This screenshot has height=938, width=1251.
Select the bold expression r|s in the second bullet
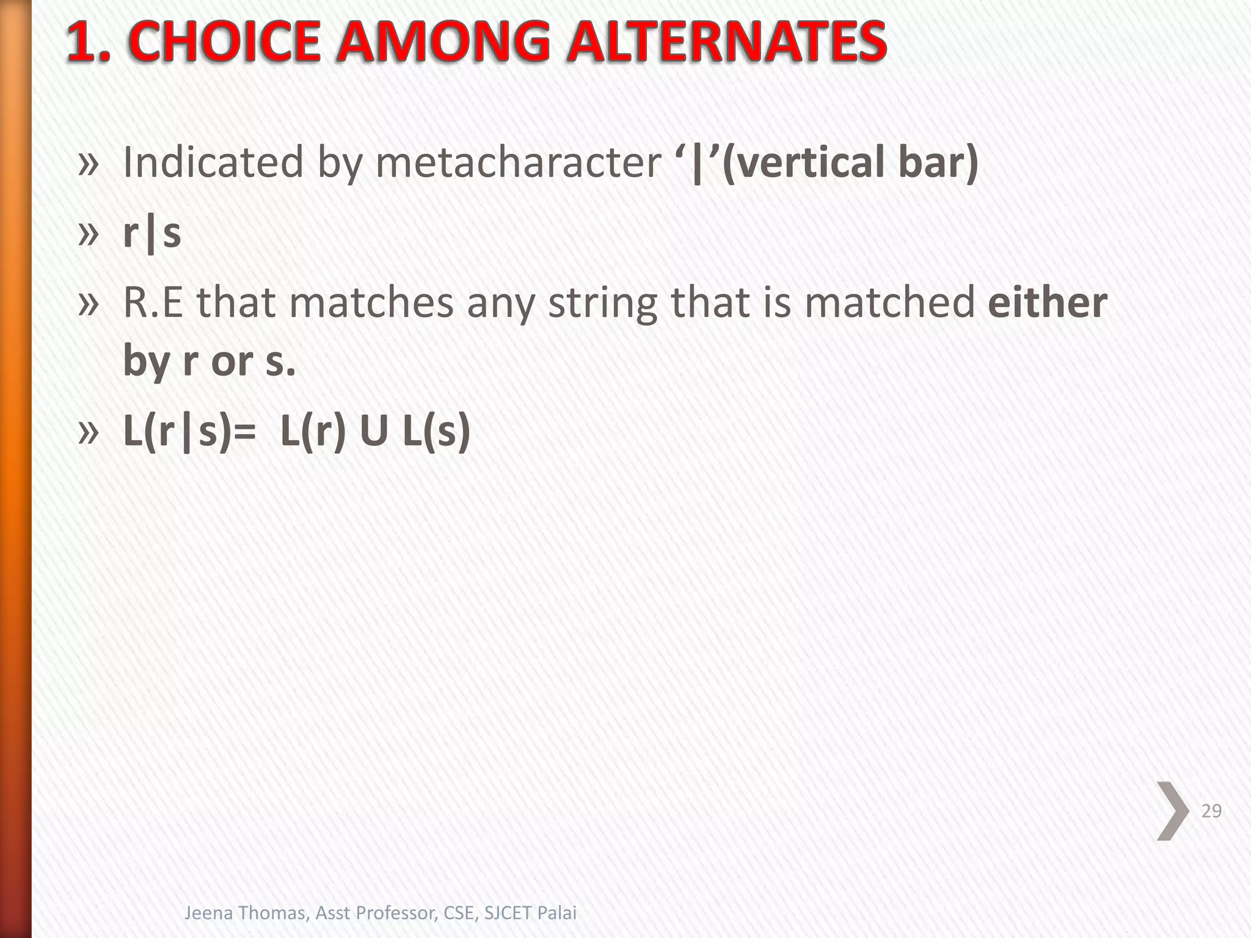(x=152, y=233)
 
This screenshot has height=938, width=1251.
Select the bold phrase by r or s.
(x=209, y=361)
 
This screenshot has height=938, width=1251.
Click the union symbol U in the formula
(x=374, y=431)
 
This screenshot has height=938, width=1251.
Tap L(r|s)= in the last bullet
(x=190, y=431)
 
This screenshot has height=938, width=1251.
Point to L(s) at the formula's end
(x=437, y=431)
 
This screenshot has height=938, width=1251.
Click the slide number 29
(x=1211, y=811)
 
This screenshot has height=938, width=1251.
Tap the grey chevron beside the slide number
(x=1173, y=811)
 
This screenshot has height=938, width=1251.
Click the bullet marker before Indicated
(x=89, y=163)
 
